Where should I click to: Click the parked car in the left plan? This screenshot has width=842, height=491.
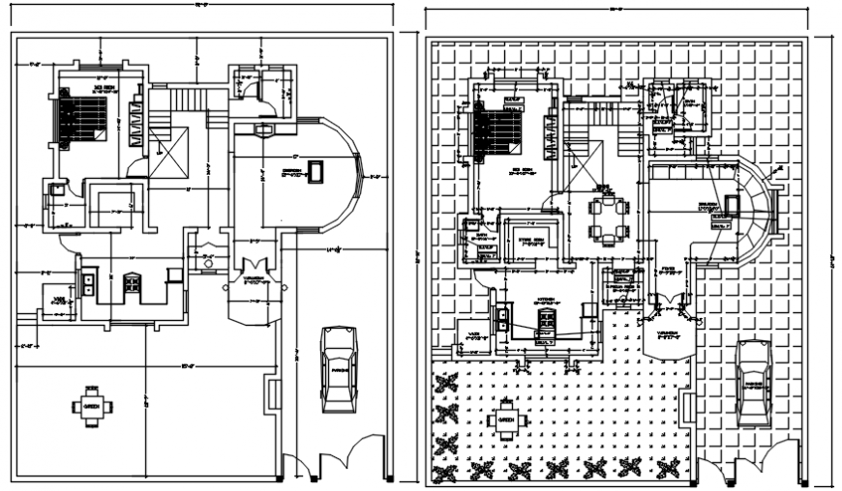click(338, 370)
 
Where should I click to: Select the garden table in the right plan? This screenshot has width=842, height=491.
click(505, 419)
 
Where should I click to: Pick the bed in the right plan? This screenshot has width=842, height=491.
click(496, 131)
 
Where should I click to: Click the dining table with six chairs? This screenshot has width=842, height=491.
click(609, 219)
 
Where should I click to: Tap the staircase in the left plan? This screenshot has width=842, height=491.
click(190, 98)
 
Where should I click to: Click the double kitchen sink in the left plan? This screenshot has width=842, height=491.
click(88, 282)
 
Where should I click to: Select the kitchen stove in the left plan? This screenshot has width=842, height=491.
click(131, 282)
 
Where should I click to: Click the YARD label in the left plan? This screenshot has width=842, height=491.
click(58, 301)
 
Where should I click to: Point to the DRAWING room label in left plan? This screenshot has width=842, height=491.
click(290, 171)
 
